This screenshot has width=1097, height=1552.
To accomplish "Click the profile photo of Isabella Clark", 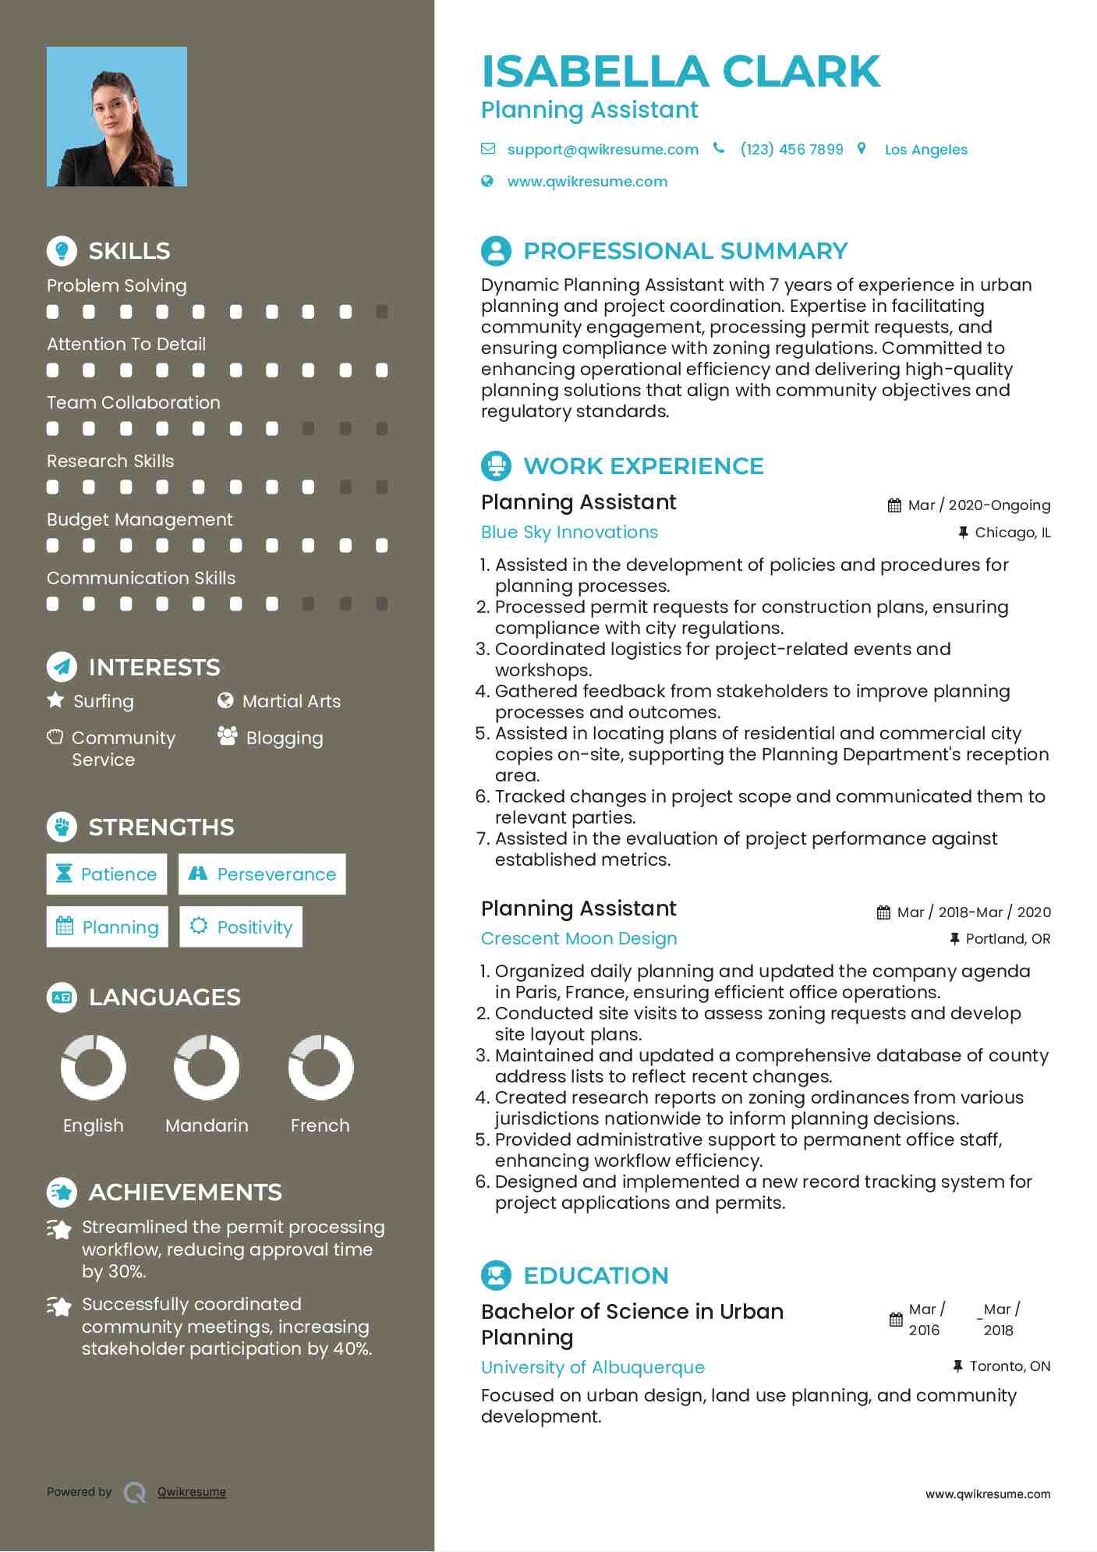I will coord(117,117).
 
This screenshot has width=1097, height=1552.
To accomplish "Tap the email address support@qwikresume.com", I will coord(603,150).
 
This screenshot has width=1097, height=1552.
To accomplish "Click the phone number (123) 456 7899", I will coord(791,150).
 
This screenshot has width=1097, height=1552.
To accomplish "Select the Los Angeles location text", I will coord(925,150).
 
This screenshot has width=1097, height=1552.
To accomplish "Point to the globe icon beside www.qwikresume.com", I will coord(487,182).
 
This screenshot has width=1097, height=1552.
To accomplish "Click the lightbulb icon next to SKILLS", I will coord(62,250).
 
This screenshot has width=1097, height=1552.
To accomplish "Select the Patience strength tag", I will coord(107,874).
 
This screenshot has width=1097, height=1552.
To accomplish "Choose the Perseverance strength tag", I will coord(262,874).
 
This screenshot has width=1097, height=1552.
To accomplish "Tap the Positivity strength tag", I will coord(241,927).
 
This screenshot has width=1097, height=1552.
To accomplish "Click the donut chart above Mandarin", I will coord(207,1067).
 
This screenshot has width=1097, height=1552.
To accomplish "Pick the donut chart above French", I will coord(320,1067).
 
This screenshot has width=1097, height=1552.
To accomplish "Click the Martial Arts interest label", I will coord(291,702).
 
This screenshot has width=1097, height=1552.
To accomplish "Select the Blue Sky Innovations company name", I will coord(569,533).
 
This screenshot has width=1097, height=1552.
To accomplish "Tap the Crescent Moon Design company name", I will coord(579,939).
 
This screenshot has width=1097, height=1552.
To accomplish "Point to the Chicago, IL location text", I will coord(1012,533).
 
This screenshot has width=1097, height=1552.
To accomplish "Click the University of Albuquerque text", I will coord(593,1367).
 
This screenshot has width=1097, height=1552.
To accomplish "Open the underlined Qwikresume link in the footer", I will coord(192,1492).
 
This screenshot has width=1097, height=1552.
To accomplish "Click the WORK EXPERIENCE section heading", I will coord(643,466).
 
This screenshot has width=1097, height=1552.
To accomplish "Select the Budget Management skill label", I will coord(140,519).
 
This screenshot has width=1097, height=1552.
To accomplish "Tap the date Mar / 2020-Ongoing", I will coord(978,505).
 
